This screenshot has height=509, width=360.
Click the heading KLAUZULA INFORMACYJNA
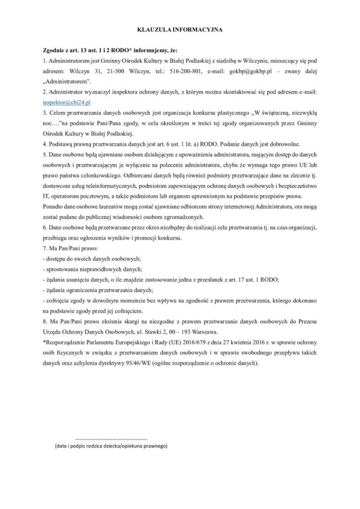(180, 30)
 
